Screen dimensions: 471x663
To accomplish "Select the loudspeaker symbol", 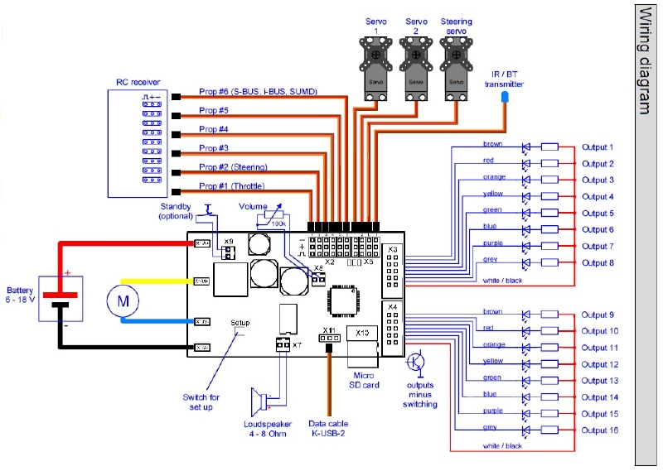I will (260, 402).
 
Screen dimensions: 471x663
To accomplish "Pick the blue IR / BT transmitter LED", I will (504, 99).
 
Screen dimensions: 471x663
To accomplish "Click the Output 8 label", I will (598, 263).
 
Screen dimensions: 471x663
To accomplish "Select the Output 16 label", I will (600, 430).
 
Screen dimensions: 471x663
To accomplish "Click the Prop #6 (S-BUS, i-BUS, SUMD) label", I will (258, 91).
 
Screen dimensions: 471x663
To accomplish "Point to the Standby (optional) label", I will (175, 211).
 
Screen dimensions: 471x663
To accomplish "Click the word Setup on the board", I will (240, 322).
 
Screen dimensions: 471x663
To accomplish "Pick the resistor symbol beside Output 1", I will (550, 147).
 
